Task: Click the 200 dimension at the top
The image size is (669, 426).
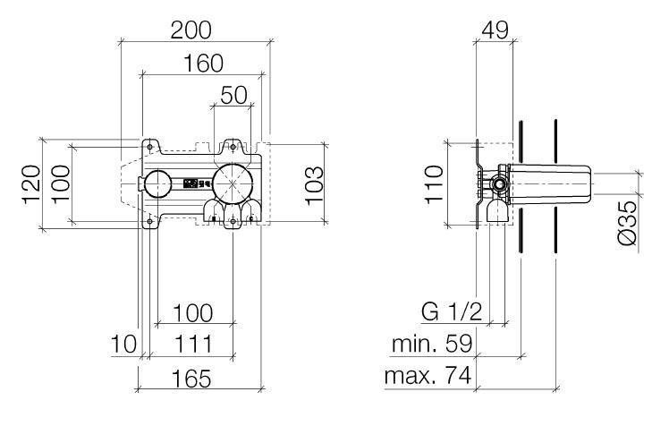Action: (x=191, y=30)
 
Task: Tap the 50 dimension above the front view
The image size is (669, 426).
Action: (x=233, y=96)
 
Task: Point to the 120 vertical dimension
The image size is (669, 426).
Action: (x=30, y=185)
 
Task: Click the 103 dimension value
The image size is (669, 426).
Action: (x=313, y=185)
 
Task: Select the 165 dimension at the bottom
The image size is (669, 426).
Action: (x=187, y=379)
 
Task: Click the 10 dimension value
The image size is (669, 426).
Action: (x=123, y=344)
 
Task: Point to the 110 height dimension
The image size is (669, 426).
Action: (x=434, y=185)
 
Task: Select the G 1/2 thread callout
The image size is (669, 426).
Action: (x=452, y=312)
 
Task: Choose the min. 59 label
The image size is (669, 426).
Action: (x=432, y=344)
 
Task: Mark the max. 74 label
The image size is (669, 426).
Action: (x=427, y=378)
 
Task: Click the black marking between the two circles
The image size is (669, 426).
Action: (x=195, y=183)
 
